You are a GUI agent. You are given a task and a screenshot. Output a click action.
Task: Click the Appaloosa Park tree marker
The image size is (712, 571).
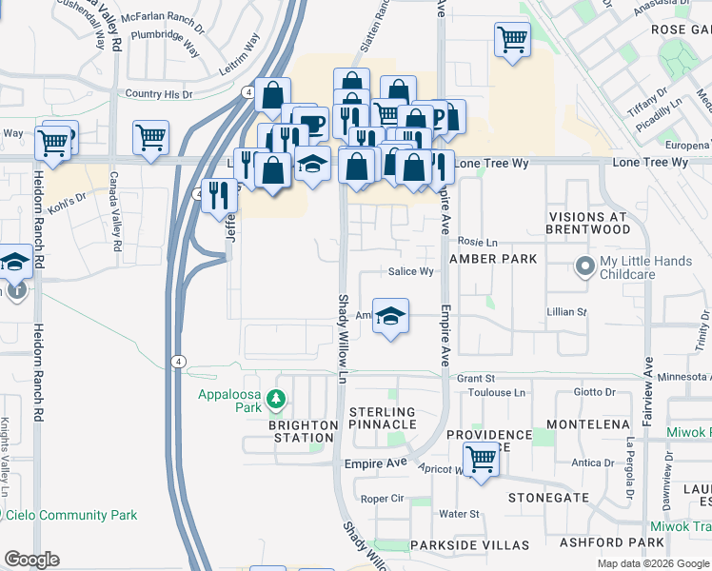pyautogui.click(x=276, y=397)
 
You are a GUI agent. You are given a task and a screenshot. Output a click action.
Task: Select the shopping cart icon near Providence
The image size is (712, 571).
pyautogui.click(x=482, y=462)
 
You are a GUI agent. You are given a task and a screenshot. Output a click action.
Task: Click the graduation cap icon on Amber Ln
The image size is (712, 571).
pyautogui.click(x=389, y=315)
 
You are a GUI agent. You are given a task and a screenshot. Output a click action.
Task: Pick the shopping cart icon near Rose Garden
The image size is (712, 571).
pyautogui.click(x=512, y=41)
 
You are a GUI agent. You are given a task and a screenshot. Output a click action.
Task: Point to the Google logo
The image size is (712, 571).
pyautogui.click(x=31, y=560)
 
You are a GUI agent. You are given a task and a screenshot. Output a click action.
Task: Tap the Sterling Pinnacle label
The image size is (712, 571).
pyautogui.click(x=382, y=417)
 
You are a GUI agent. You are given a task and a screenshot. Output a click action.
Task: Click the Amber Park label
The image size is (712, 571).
pyautogui.click(x=493, y=259)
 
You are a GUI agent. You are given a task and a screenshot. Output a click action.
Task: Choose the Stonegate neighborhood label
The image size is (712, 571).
pyautogui.click(x=548, y=498)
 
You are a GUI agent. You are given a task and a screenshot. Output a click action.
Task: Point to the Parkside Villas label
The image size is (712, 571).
pyautogui.click(x=469, y=545)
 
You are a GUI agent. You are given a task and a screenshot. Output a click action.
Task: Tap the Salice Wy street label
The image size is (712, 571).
pyautogui.click(x=411, y=271)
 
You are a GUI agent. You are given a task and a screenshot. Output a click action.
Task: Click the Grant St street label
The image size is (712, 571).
pyautogui.click(x=477, y=378)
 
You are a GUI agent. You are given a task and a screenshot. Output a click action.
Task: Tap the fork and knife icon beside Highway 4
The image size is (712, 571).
pyautogui.click(x=220, y=196)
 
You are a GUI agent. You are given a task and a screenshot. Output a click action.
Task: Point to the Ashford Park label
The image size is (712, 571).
pyautogui.click(x=625, y=542)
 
